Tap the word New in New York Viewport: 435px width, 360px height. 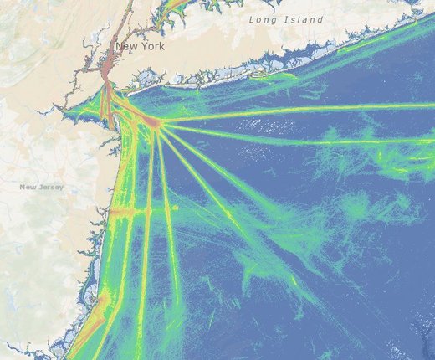(x=126, y=47)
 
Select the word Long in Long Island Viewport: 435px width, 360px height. (x=262, y=18)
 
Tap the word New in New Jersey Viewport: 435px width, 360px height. (x=28, y=186)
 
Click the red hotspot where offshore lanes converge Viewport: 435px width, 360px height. (x=154, y=124)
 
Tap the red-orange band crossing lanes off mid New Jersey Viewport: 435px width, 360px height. (x=130, y=213)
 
